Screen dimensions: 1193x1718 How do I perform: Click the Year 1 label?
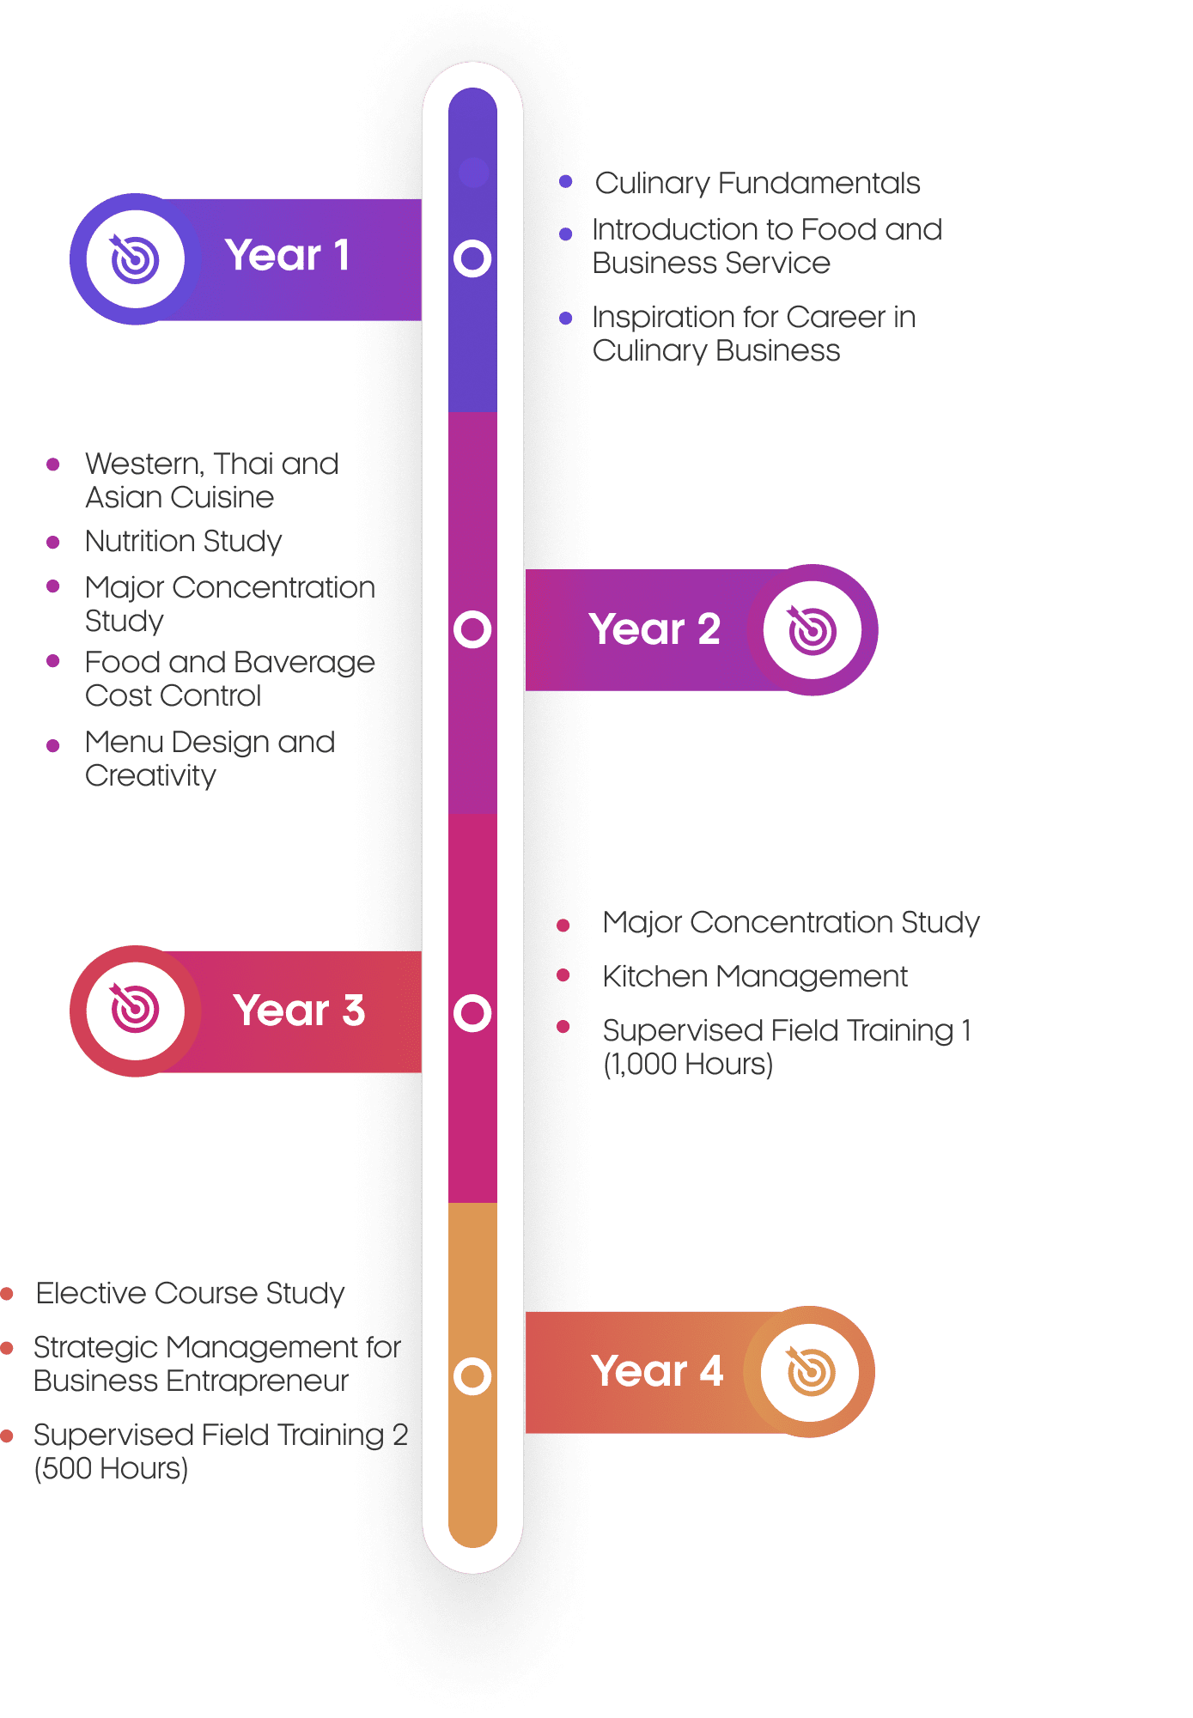(x=287, y=255)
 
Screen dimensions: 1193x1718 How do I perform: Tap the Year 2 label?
(x=654, y=629)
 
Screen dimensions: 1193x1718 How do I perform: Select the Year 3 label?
(x=299, y=1011)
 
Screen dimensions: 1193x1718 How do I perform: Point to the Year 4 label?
(x=657, y=1371)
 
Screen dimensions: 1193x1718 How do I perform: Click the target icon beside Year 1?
(x=135, y=258)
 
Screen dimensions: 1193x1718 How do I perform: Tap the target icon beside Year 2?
(x=812, y=630)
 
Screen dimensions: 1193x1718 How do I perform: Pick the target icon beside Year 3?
(x=135, y=1009)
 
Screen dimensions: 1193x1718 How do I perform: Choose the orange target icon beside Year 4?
(x=810, y=1371)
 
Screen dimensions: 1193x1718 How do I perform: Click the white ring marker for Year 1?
(x=472, y=258)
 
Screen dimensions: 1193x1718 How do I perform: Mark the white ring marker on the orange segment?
(x=472, y=1375)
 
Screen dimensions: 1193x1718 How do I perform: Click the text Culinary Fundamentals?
(x=758, y=184)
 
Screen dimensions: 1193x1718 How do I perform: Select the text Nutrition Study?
(x=184, y=542)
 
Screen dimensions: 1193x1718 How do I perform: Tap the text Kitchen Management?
(x=755, y=976)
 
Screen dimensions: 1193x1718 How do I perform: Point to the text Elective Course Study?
(x=190, y=1294)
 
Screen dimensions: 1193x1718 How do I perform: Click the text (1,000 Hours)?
(x=688, y=1065)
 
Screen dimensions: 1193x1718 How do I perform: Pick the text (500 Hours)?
(x=111, y=1469)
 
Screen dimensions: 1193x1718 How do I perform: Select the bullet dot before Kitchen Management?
(x=563, y=974)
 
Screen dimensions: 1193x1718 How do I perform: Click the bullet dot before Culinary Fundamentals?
(x=565, y=181)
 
